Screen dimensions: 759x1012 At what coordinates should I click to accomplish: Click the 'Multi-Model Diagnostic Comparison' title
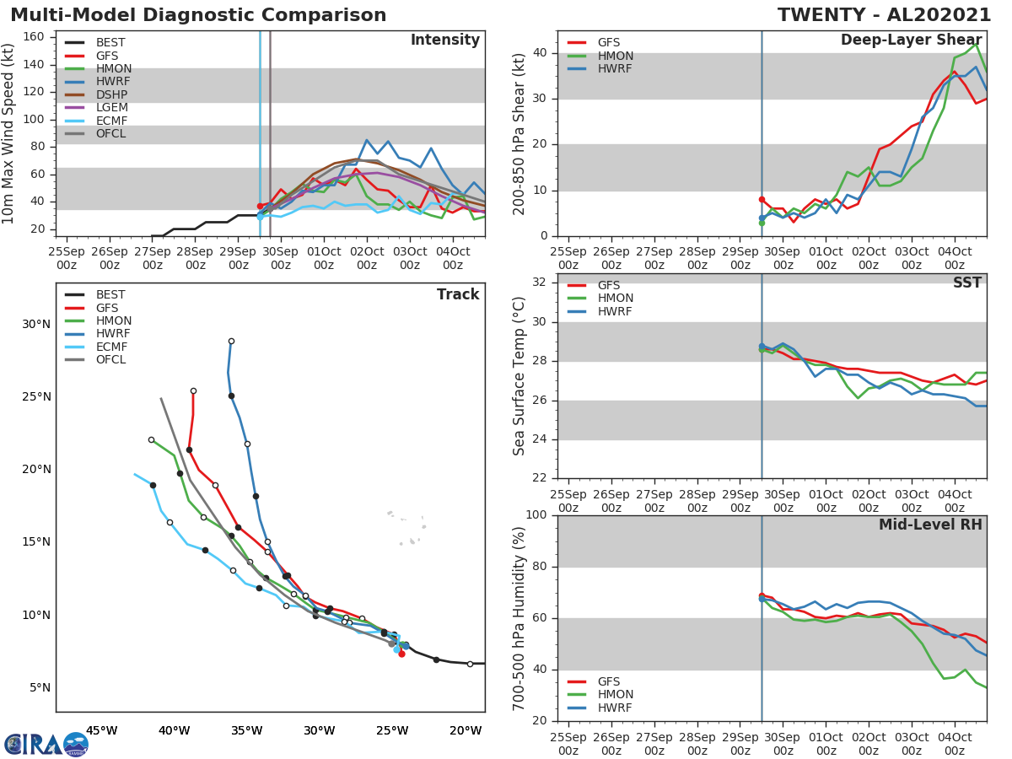[x=198, y=16]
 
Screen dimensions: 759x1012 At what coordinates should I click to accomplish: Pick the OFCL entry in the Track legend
[x=110, y=360]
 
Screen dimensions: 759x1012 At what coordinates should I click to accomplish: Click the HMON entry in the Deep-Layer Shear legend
[x=615, y=56]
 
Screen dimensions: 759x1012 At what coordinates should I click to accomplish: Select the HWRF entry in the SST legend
[x=615, y=311]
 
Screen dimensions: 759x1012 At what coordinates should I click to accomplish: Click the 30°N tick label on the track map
[x=36, y=325]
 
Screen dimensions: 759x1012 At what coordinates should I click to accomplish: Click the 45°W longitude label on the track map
[x=101, y=730]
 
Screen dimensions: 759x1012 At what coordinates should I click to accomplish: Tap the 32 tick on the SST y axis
[x=541, y=283]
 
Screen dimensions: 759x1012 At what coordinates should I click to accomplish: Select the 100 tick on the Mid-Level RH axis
[x=536, y=515]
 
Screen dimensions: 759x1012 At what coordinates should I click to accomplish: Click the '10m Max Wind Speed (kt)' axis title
[x=9, y=133]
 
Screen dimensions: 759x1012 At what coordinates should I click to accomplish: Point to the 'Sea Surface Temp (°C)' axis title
[x=519, y=376]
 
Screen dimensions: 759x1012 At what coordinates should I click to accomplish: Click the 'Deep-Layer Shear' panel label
[x=911, y=40]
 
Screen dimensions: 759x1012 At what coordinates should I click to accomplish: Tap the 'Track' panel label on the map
[x=458, y=294]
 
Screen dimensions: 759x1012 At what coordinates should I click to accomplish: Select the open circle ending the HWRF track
[x=231, y=342]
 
